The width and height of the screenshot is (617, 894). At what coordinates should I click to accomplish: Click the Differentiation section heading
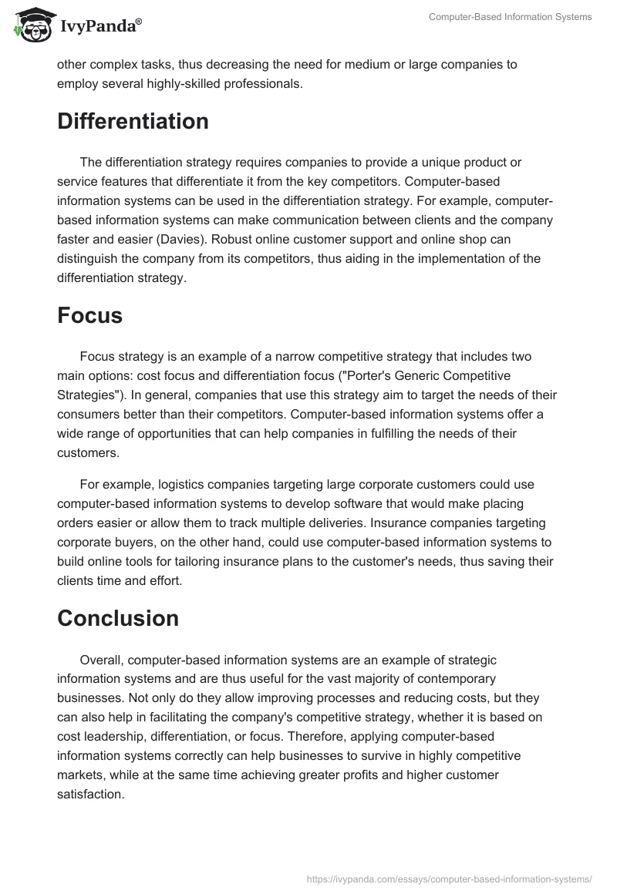pyautogui.click(x=133, y=122)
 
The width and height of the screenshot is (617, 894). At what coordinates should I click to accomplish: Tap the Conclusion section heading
pyautogui.click(x=118, y=619)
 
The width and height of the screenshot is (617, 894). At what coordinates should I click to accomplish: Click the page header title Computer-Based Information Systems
pyautogui.click(x=511, y=17)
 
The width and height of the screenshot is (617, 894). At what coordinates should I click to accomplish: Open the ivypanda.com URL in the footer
pyautogui.click(x=449, y=878)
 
